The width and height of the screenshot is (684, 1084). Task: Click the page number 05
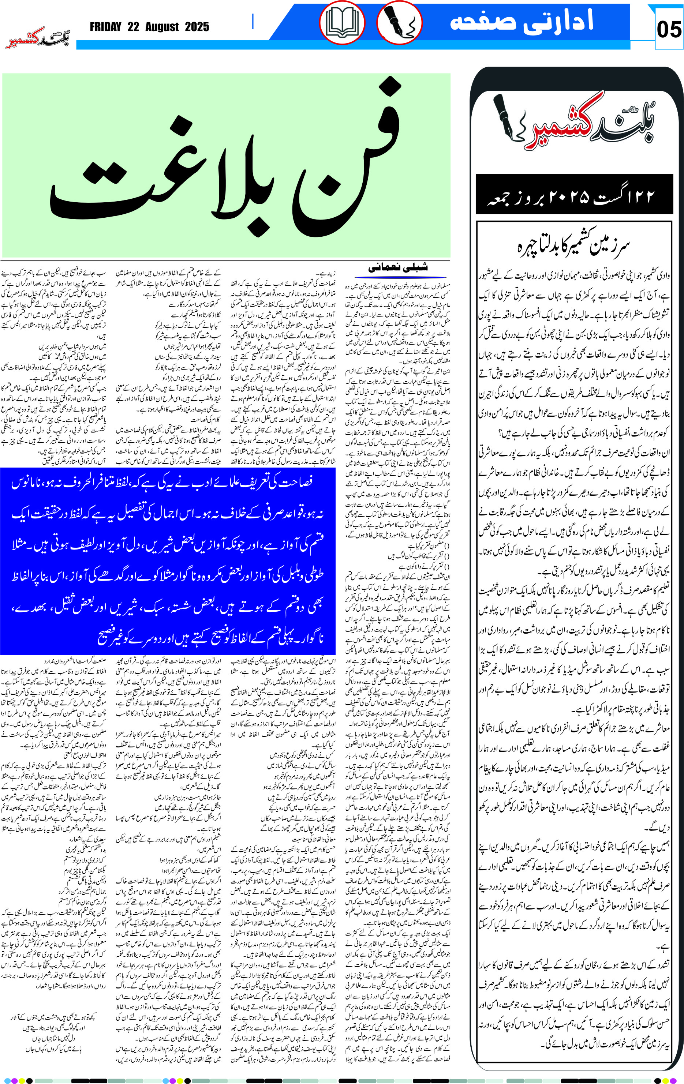[669, 30]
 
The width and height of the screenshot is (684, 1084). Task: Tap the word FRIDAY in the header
[105, 27]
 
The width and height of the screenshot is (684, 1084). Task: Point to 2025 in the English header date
[197, 27]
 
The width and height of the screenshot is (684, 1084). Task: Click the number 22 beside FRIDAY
[133, 27]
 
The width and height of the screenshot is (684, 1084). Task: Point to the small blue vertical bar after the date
[253, 21]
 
